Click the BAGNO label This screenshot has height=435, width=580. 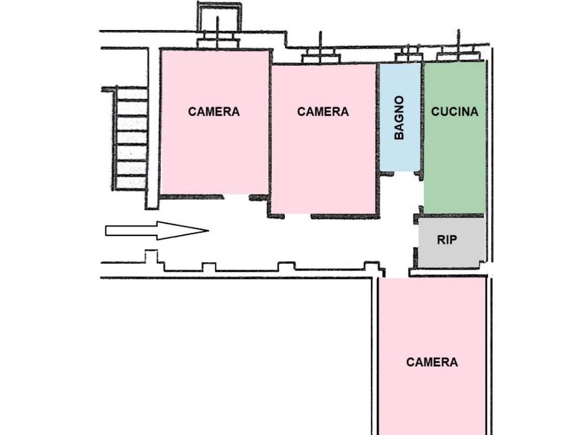399,118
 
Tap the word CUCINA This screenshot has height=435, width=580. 455,112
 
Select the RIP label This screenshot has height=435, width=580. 447,240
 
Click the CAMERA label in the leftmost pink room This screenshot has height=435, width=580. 214,112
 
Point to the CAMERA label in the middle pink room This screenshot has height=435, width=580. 323,112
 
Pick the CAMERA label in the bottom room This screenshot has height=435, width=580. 432,362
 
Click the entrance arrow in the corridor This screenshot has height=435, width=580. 157,231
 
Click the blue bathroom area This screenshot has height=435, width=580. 400,117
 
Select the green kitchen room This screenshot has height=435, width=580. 454,138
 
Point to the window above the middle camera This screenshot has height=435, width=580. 321,56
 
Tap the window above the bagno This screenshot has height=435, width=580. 408,55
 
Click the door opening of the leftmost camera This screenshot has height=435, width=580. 237,197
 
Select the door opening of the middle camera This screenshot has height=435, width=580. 298,216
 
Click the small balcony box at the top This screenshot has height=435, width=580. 219,16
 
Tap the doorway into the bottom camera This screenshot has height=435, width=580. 396,274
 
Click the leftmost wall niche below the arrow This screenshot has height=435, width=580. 151,256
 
